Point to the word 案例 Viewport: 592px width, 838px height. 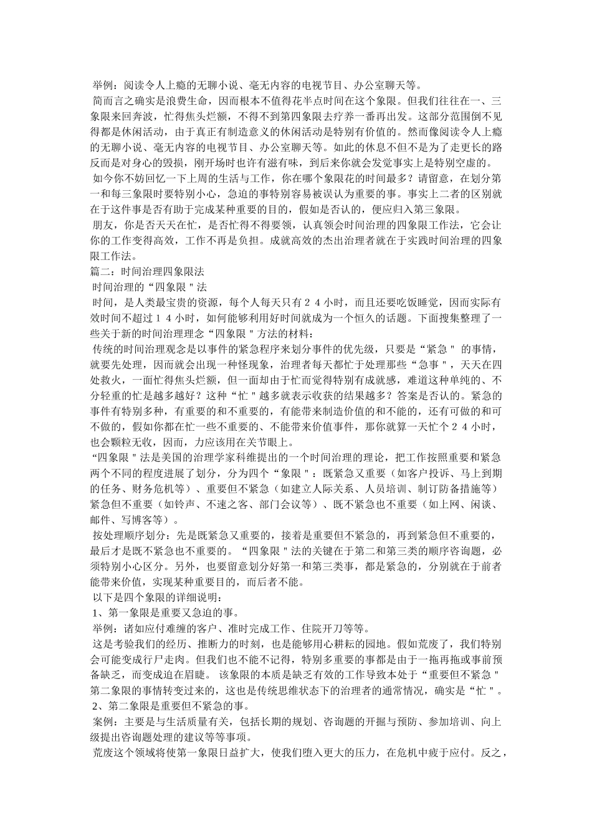click(x=103, y=722)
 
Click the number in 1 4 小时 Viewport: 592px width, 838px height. click(x=123, y=318)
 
